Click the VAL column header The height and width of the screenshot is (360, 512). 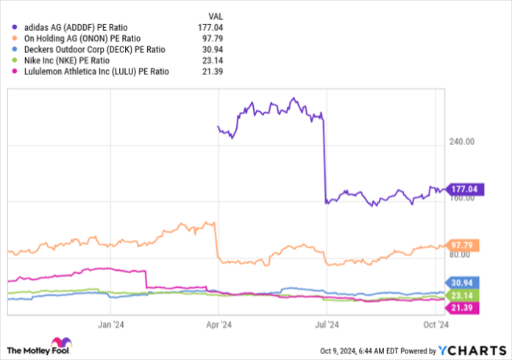(x=216, y=14)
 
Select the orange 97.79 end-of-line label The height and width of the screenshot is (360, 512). (x=463, y=244)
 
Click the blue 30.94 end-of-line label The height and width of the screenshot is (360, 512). (x=463, y=283)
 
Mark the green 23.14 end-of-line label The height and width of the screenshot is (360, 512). (x=463, y=294)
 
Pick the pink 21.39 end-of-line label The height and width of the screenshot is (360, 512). (x=463, y=306)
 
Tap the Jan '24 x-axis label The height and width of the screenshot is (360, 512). (x=110, y=324)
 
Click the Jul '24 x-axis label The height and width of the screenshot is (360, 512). (x=326, y=324)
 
